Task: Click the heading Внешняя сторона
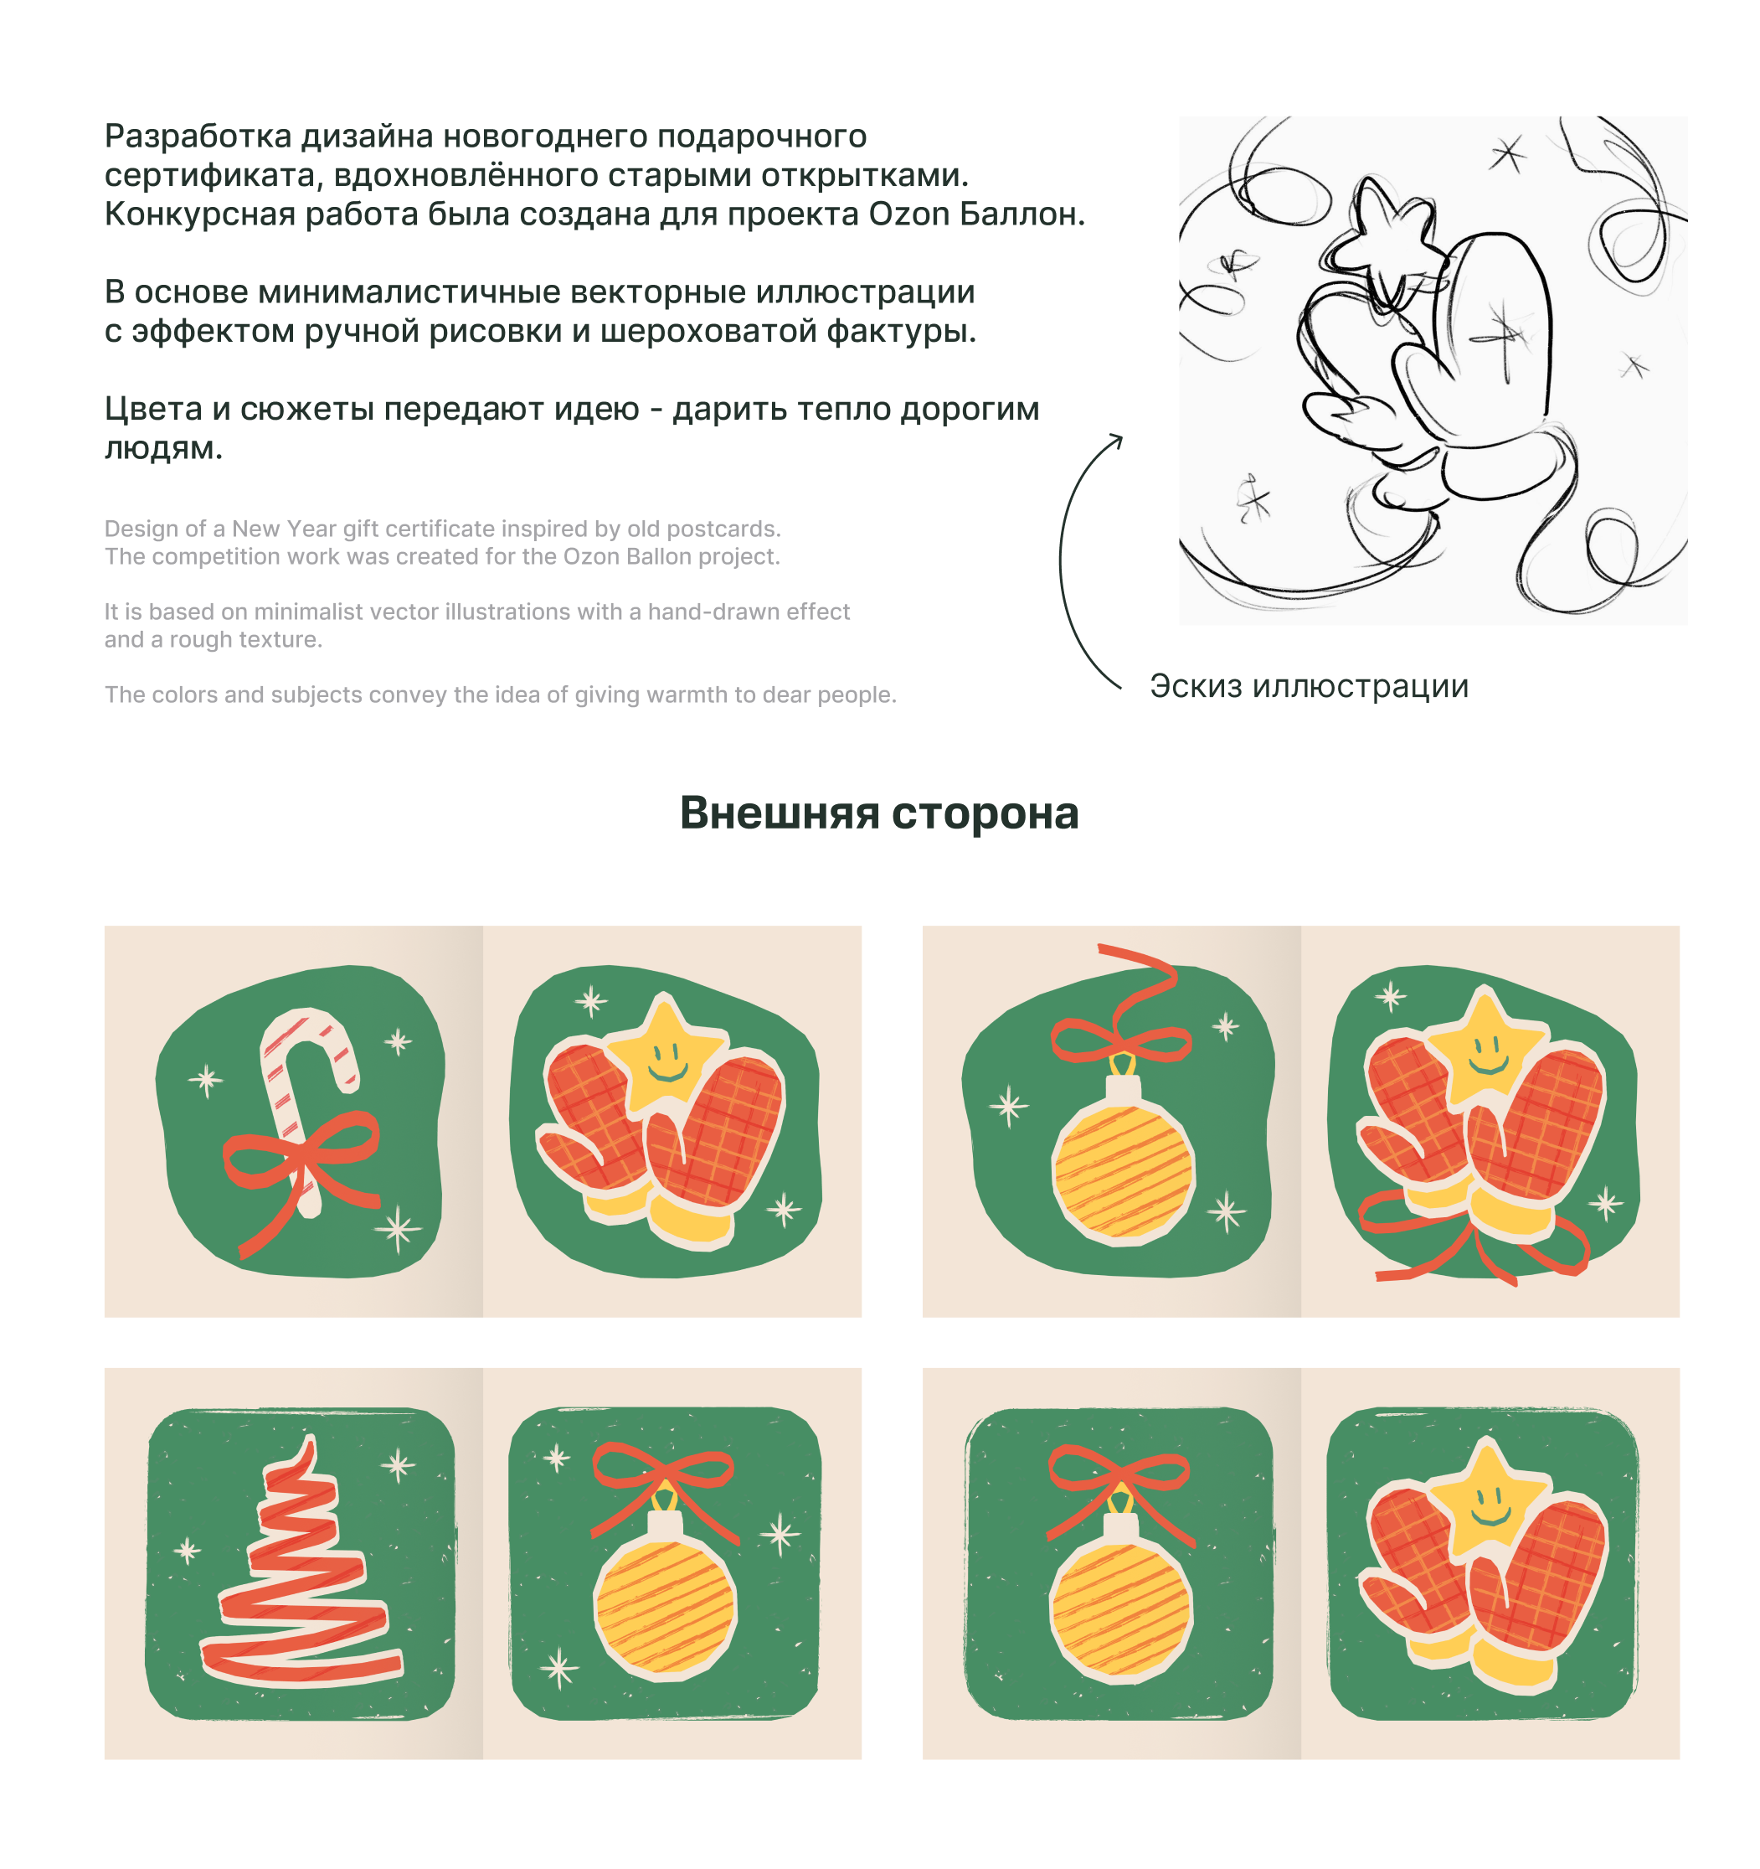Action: pyautogui.click(x=878, y=813)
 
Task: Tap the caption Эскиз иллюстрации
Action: pyautogui.click(x=1309, y=686)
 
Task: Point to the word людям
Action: pyautogui.click(x=163, y=448)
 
